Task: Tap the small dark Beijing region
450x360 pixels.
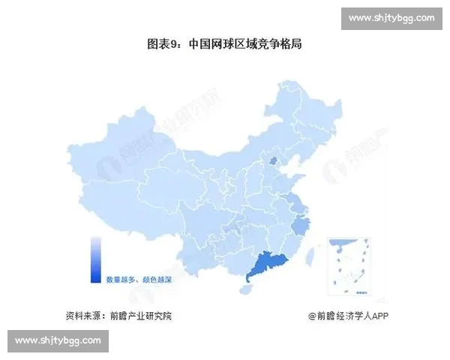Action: [274, 160]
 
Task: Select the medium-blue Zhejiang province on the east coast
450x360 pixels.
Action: [301, 224]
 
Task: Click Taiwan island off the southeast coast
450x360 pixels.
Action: [313, 259]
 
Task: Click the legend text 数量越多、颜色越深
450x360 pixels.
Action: [137, 278]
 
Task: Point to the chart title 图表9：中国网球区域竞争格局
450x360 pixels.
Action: [224, 44]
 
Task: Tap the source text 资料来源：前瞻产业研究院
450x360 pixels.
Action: [118, 316]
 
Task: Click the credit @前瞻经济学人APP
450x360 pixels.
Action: [347, 316]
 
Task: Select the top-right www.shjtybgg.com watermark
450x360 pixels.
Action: [391, 18]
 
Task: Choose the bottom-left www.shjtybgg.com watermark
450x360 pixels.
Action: [58, 340]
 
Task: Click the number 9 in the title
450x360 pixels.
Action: [174, 44]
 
